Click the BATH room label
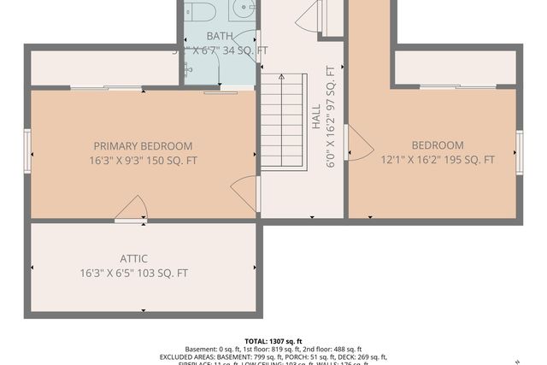[x=219, y=36]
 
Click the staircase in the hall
[x=283, y=121]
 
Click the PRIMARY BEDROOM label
[x=143, y=146]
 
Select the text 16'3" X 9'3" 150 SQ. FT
[x=143, y=161]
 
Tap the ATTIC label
[x=133, y=259]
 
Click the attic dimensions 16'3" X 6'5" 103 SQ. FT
[x=133, y=274]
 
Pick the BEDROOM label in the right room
[x=437, y=145]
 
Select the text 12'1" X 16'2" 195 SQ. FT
[x=438, y=160]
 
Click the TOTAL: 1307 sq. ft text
[x=273, y=341]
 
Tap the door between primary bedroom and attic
[x=131, y=209]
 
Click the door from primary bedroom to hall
[x=246, y=193]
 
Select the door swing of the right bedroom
[x=358, y=143]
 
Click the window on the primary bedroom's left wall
[x=27, y=150]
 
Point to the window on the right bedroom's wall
[x=520, y=152]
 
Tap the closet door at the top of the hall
[x=309, y=16]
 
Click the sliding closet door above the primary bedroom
[x=106, y=87]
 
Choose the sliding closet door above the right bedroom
[x=456, y=86]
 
